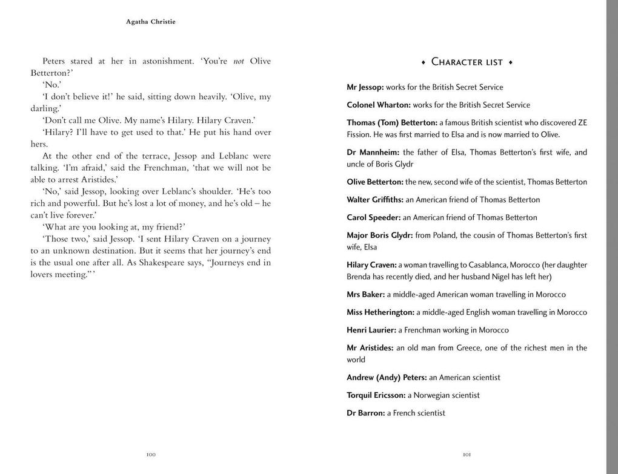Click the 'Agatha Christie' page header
pyautogui.click(x=151, y=22)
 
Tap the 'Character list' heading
pyautogui.click(x=467, y=62)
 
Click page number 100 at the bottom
pyautogui.click(x=151, y=455)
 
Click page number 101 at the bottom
pyautogui.click(x=467, y=455)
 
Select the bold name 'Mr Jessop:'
pyautogui.click(x=365, y=87)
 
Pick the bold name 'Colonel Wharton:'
pyautogui.click(x=379, y=105)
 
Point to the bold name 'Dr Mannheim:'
pyautogui.click(x=373, y=152)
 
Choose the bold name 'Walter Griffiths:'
pyautogui.click(x=375, y=200)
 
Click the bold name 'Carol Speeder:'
pyautogui.click(x=374, y=217)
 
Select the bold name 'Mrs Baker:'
pyautogui.click(x=366, y=294)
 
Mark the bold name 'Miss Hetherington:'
pyautogui.click(x=380, y=312)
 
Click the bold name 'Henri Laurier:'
pyautogui.click(x=371, y=330)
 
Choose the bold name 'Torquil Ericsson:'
pyautogui.click(x=376, y=395)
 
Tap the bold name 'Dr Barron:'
pyautogui.click(x=366, y=413)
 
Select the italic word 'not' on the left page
pyautogui.click(x=239, y=61)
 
